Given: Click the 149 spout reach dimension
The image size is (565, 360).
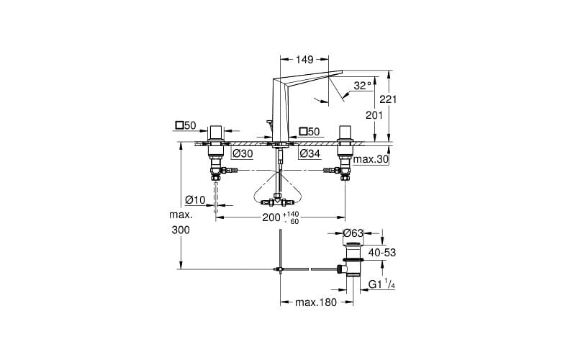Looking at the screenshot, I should pos(304,60).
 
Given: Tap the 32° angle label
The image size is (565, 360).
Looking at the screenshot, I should pos(362,86).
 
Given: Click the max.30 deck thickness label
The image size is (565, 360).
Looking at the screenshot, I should pos(371,158).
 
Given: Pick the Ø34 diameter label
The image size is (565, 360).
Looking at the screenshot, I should pos(309,153).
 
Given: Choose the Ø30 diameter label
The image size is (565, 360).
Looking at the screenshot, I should pos(242,153).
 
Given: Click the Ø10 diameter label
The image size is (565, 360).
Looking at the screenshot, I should pos(195,199).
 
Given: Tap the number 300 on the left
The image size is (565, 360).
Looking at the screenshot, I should pos(181,230).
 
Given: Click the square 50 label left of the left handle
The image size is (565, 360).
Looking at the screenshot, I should pos(186,125).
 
